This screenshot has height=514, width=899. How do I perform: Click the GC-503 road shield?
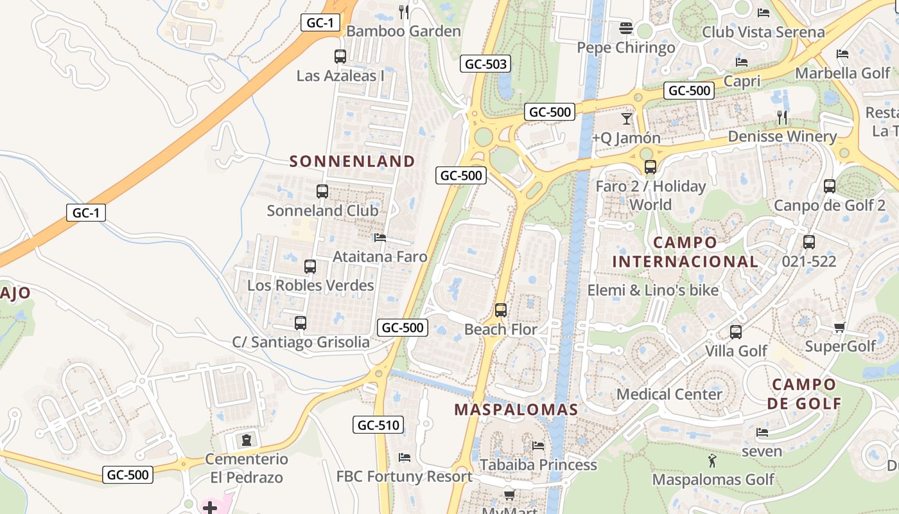pos(485,64)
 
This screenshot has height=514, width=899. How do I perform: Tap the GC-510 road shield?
pos(378,425)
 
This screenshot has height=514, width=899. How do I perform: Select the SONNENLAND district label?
pos(353,161)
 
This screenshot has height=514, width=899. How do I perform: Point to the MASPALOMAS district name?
pos(516,409)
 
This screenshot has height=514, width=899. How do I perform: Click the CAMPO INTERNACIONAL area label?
pos(685,252)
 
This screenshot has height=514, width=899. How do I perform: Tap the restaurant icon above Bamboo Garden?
pos(404,12)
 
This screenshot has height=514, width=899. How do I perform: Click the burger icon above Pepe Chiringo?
pos(626,28)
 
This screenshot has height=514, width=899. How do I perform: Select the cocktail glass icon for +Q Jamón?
pos(627,119)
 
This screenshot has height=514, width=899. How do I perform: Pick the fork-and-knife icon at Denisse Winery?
pos(782,117)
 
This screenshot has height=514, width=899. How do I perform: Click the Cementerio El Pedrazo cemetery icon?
pos(247,440)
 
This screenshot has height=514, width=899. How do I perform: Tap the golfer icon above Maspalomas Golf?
pos(711,461)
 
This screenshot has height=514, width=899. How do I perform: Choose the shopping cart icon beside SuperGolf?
pos(840,328)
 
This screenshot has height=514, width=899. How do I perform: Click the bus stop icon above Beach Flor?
pos(501,310)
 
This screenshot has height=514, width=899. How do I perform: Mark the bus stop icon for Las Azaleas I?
pos(340,57)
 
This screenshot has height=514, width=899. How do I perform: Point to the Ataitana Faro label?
pos(380,256)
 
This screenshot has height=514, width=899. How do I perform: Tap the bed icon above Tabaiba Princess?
pos(538,445)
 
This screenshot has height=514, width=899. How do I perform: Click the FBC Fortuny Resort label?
pos(405,476)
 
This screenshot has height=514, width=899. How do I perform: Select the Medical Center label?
pos(669,394)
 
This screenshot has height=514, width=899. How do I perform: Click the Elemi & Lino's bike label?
pos(653,290)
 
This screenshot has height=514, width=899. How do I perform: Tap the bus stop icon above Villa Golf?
pos(736,332)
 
